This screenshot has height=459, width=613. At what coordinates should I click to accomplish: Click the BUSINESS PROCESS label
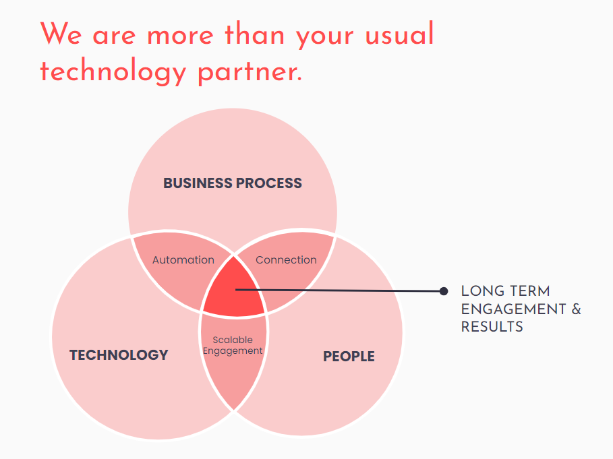click(233, 183)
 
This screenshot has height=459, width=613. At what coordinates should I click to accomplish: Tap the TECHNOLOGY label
click(119, 355)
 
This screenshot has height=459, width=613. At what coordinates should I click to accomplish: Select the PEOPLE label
click(349, 357)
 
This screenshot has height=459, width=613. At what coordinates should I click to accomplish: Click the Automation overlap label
click(183, 259)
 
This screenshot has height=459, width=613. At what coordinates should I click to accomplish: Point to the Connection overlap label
click(286, 259)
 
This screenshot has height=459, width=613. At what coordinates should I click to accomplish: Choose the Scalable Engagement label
click(233, 345)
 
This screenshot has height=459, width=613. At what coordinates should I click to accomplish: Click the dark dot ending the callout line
click(443, 291)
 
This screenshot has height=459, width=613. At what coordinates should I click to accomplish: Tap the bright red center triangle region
click(235, 291)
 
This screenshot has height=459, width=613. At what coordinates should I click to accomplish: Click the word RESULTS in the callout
click(492, 327)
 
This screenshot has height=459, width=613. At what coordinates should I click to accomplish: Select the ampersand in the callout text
click(577, 309)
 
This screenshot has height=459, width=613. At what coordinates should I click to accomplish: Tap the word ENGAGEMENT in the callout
click(513, 309)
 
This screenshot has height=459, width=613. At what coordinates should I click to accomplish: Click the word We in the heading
click(61, 34)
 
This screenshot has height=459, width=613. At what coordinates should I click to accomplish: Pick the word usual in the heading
click(399, 34)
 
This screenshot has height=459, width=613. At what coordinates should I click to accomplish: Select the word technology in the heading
click(113, 71)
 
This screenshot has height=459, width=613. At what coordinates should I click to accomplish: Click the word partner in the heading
click(250, 73)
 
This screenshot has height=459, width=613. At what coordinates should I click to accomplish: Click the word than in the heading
click(254, 34)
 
